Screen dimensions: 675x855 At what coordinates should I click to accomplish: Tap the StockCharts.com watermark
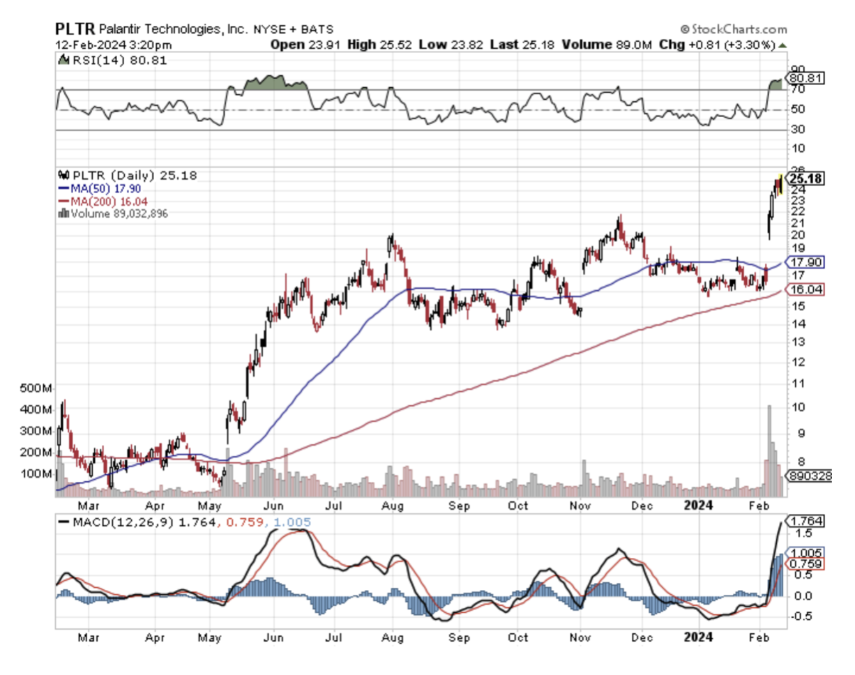[x=733, y=29]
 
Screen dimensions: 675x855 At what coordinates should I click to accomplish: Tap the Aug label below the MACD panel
[x=394, y=637]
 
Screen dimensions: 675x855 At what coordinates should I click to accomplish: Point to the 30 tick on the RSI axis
[x=798, y=130]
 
